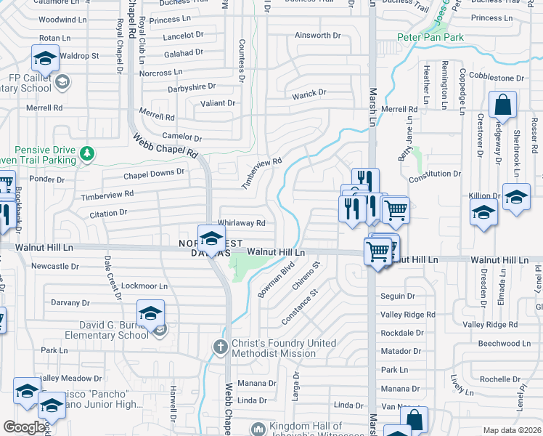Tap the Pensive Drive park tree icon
[87, 153]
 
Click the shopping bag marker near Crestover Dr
[502, 107]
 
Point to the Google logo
[24, 427]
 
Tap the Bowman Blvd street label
[275, 284]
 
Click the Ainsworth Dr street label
[318, 35]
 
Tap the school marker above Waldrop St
[45, 58]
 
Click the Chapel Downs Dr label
[154, 173]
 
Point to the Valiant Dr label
[218, 103]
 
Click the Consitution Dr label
[435, 174]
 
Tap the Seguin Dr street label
[398, 296]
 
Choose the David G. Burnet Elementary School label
[107, 330]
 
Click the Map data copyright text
[512, 430]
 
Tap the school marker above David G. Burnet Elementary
[150, 313]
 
